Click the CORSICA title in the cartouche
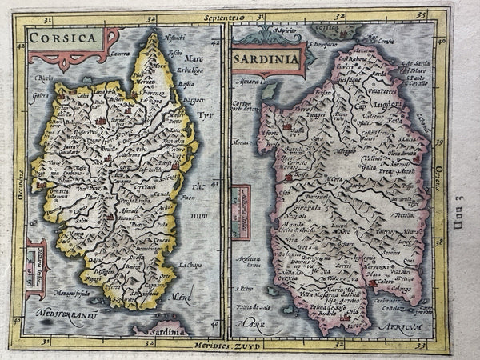click(x=62, y=37)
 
